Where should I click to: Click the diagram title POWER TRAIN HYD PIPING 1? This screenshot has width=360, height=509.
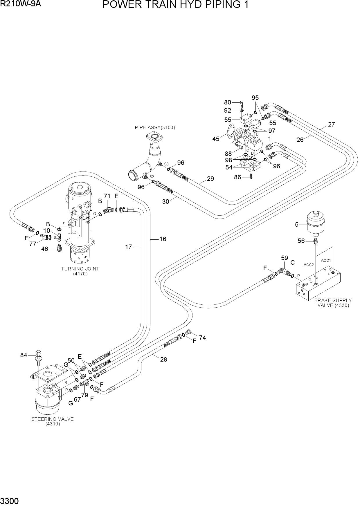(176, 5)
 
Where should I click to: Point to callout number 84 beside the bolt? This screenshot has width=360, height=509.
(24, 355)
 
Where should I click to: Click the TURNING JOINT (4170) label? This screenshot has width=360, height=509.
(80, 271)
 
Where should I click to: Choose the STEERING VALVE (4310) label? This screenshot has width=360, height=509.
(53, 421)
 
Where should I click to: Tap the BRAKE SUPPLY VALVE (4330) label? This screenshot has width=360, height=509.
(333, 303)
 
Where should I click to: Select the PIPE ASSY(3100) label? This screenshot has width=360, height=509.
(155, 127)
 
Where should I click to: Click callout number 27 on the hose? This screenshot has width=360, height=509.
(332, 124)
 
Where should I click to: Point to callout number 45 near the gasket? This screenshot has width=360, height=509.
(216, 139)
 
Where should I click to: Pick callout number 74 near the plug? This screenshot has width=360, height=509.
(202, 337)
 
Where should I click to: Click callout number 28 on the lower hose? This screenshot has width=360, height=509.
(163, 359)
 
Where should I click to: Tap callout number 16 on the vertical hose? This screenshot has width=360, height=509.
(163, 239)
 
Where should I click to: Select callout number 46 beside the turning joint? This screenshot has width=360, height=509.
(44, 249)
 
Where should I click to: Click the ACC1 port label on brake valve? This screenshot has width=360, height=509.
(326, 260)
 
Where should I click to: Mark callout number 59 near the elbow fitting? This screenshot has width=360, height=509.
(285, 258)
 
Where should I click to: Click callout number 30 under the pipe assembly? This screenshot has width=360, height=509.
(165, 201)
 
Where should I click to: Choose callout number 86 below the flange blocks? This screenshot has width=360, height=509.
(237, 177)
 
